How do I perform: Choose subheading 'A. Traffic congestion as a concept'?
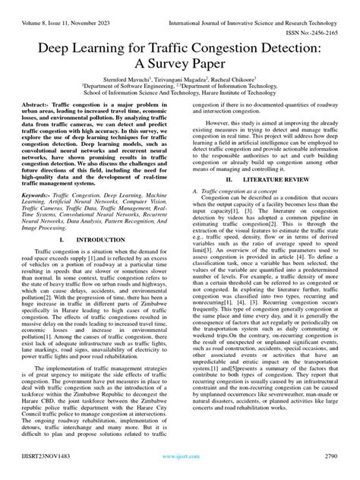click(x=242, y=191)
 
